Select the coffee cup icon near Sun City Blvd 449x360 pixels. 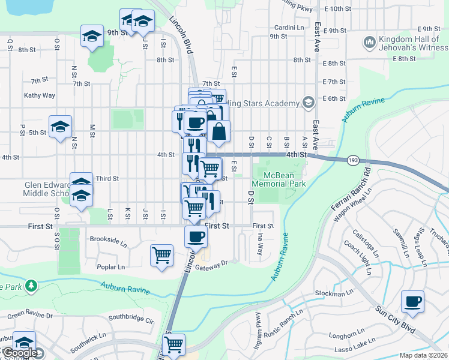[412, 302]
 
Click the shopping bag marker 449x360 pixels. [219, 131]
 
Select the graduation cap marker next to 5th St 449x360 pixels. [60, 127]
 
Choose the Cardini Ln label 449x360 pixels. [289, 28]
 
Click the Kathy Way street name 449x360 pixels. [40, 95]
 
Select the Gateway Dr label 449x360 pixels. [216, 263]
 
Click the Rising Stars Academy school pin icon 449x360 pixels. [308, 103]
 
